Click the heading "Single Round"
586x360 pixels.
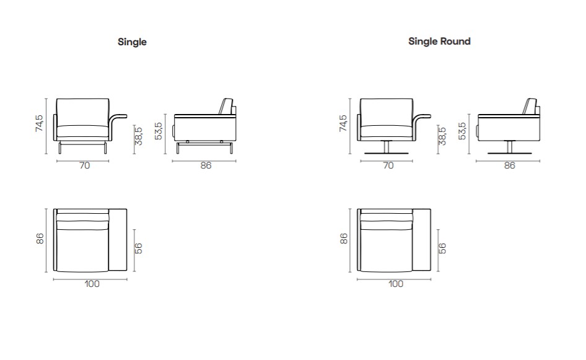coord(439,41)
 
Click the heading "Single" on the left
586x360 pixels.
coord(132,42)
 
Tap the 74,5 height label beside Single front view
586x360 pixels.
coord(39,123)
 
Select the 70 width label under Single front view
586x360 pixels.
coord(84,165)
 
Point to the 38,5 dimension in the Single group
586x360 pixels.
coord(138,136)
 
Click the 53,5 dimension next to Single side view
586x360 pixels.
coord(159,131)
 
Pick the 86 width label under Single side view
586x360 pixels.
coord(206,165)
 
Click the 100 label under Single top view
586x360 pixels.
coord(92,284)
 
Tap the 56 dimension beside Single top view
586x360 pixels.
coord(138,248)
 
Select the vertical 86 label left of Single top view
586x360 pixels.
coord(40,239)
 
